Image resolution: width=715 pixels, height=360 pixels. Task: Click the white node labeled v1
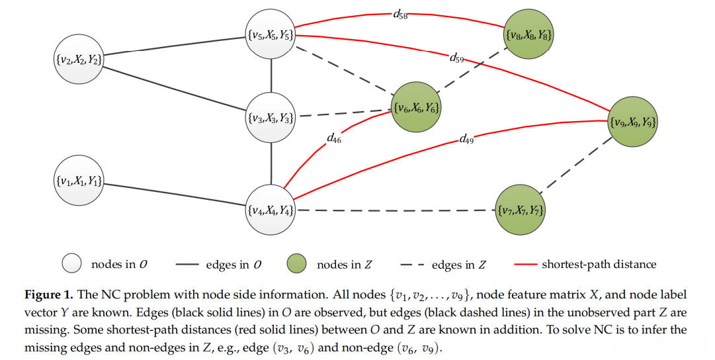click(79, 181)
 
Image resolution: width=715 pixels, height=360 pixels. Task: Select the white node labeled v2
click(79, 60)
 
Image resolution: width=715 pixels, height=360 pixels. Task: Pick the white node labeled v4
click(271, 211)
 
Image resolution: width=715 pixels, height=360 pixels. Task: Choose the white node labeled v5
click(271, 35)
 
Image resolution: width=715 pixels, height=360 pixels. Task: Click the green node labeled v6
click(416, 107)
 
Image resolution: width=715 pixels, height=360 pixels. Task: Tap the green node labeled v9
click(633, 122)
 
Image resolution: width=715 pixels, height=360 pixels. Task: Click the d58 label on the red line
click(400, 15)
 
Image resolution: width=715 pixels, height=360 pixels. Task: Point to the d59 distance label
click(456, 58)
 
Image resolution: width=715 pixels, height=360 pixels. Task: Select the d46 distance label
click(335, 138)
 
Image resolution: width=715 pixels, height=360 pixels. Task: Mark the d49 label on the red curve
click(466, 140)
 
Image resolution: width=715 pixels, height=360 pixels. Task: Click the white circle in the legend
click(71, 265)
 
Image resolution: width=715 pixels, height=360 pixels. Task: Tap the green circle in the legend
click(297, 265)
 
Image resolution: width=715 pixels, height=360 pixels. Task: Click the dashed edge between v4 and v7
click(397, 211)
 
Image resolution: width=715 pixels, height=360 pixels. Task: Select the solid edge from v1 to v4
click(175, 196)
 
